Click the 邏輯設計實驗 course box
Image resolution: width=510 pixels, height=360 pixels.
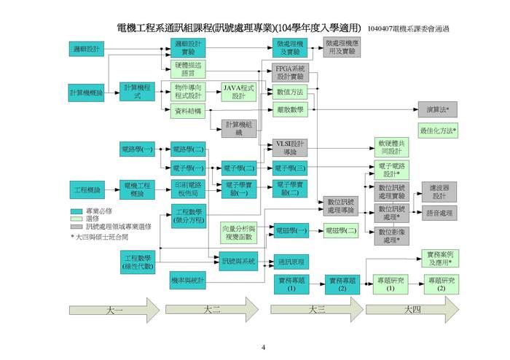point(188,48)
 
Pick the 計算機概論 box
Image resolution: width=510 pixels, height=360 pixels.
point(87,93)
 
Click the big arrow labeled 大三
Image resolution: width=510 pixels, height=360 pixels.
point(315,310)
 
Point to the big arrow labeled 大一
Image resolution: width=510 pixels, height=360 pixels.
point(114,310)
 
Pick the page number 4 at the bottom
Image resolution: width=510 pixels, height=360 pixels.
point(263,347)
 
